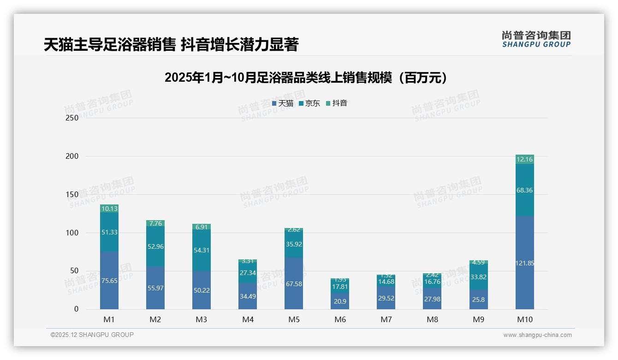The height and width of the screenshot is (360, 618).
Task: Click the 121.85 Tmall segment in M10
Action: pyautogui.click(x=524, y=263)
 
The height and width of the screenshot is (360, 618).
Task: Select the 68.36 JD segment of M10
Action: pyautogui.click(x=524, y=190)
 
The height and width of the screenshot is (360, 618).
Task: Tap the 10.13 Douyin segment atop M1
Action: pyautogui.click(x=109, y=209)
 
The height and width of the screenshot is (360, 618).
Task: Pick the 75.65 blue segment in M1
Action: pyautogui.click(x=109, y=281)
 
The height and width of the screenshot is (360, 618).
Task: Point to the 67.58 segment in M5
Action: pyautogui.click(x=294, y=283)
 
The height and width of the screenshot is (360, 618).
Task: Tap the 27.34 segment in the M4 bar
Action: pyautogui.click(x=248, y=273)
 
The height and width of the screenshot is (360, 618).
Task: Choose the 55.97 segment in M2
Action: pyautogui.click(x=155, y=288)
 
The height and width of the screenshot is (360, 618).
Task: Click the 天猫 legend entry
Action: pyautogui.click(x=283, y=103)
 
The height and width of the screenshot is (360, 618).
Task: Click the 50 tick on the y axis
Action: pyautogui.click(x=73, y=271)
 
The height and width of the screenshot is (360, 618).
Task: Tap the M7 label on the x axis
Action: pyautogui.click(x=386, y=319)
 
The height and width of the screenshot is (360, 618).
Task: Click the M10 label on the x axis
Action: pyautogui.click(x=524, y=319)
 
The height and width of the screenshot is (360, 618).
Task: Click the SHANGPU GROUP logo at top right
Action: pyautogui.click(x=536, y=39)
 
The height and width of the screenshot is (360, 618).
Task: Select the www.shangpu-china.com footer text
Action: pyautogui.click(x=537, y=335)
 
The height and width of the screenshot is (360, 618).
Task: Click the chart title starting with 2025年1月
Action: pyautogui.click(x=306, y=78)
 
